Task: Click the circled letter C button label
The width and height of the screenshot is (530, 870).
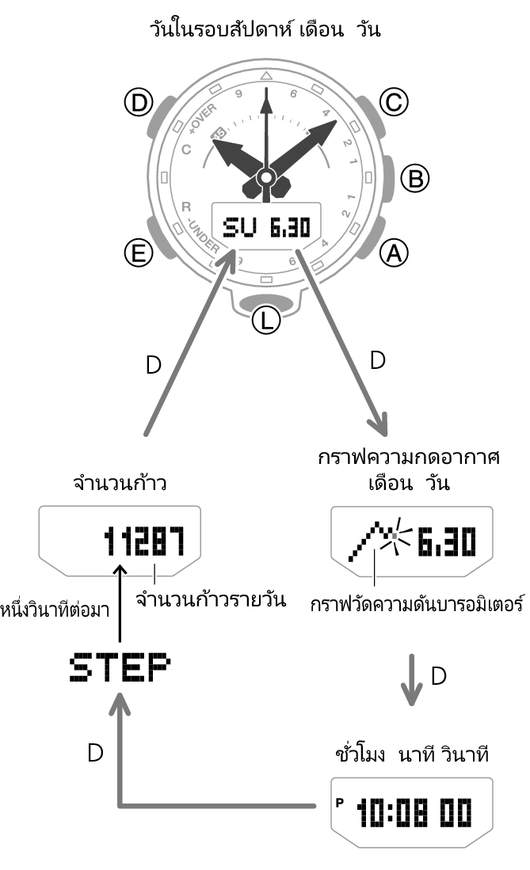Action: tap(393, 101)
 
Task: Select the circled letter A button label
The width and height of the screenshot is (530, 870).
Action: tap(393, 253)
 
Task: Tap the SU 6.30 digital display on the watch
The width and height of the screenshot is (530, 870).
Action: tap(265, 228)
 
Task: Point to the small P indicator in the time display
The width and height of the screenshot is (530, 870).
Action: tap(340, 801)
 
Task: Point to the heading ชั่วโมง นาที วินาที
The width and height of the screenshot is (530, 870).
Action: tap(411, 754)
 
